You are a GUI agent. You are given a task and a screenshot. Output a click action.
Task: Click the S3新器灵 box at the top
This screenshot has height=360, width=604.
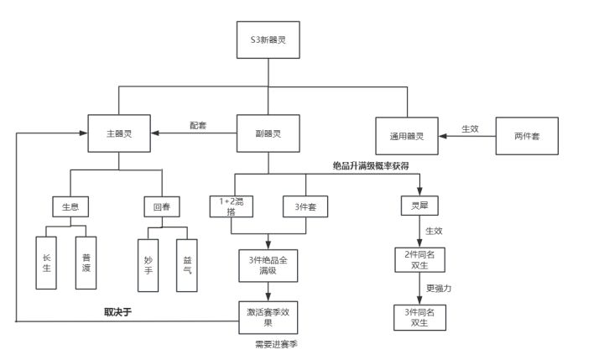coord(268,39)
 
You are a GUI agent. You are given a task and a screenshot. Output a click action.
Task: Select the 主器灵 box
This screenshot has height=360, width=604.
coord(119,133)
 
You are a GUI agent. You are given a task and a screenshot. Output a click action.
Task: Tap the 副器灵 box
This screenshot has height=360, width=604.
coord(268,133)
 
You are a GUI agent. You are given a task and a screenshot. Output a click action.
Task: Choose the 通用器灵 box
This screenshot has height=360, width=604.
coord(407,136)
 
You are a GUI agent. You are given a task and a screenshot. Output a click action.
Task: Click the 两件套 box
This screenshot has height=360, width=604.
coord(527,136)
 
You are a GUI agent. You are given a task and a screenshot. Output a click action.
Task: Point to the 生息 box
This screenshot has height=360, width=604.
coord(70,207)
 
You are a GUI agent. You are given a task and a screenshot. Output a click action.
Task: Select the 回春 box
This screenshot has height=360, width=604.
coord(162,206)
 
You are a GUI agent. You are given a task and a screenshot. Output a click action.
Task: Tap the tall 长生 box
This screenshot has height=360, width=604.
coord(46,263)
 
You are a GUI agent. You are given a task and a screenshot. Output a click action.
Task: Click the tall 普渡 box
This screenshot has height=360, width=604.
coord(86,263)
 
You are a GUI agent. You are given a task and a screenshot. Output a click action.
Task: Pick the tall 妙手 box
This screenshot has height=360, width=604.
coord(148,265)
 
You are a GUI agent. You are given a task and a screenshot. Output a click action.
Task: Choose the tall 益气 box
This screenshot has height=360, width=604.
coord(187,265)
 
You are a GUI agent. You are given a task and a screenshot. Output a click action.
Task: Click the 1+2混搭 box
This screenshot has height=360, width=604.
coord(232,206)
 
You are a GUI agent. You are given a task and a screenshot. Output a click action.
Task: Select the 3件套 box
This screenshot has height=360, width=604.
coord(305,206)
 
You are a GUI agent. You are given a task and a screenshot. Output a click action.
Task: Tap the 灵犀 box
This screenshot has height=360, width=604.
coord(419,206)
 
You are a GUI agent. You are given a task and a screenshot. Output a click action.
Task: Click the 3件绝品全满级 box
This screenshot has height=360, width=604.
coord(268,265)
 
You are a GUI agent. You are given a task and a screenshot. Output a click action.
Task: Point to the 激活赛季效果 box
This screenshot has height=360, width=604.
coord(268,317)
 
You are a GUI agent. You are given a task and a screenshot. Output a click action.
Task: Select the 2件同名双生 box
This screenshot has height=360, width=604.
coord(420,260)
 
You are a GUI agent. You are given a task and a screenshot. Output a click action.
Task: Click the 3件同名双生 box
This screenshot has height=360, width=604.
coord(420,317)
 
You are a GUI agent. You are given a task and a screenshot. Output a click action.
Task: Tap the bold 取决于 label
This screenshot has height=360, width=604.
coord(118,312)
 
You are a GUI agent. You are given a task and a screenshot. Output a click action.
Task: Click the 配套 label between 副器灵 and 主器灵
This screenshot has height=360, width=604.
coord(198,125)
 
